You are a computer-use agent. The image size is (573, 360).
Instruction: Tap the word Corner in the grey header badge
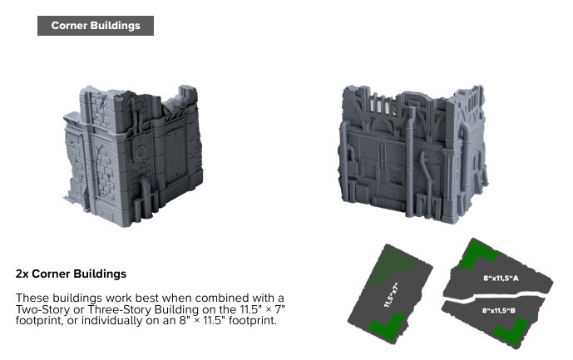point(69,26)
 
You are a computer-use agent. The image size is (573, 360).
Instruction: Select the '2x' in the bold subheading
point(22,274)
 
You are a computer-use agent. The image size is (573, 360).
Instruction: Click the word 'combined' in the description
point(223,298)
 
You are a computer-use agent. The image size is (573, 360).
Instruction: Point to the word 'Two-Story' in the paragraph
point(42,309)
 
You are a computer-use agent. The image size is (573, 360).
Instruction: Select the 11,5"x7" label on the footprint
point(391,294)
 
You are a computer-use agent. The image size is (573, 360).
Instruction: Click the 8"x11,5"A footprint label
point(501,279)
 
